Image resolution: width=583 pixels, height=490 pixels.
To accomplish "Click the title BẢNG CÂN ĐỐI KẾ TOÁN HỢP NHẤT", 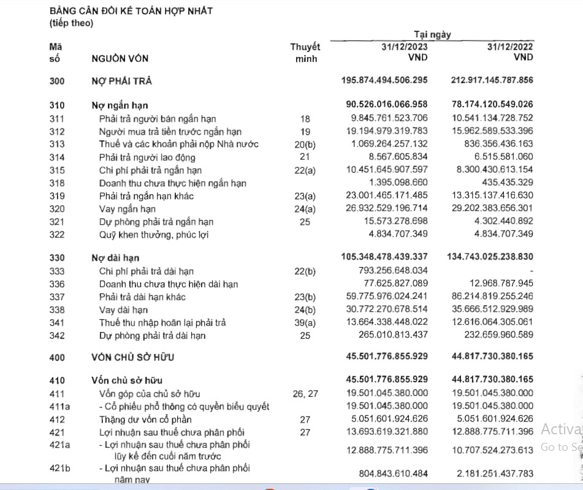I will pyautogui.click(x=131, y=11).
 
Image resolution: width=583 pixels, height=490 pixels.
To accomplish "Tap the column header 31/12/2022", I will pyautogui.click(x=510, y=47).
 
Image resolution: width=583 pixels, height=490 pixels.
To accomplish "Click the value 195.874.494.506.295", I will pyautogui.click(x=384, y=81).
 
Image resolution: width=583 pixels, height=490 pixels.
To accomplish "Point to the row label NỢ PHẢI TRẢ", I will pyautogui.click(x=121, y=81).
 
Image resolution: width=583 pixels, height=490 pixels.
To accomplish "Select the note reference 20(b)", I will pyautogui.click(x=305, y=145).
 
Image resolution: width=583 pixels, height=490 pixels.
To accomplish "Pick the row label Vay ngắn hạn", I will pyautogui.click(x=127, y=209).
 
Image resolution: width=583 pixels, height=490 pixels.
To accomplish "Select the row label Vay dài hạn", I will pyautogui.click(x=123, y=309).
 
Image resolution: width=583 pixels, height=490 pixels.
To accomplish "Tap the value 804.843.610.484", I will pyautogui.click(x=393, y=473).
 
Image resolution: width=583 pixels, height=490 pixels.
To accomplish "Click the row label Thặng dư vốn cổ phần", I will pyautogui.click(x=145, y=420).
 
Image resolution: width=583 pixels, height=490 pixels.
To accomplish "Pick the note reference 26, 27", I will pyautogui.click(x=305, y=394).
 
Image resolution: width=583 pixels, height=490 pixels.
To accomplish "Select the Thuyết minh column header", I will pyautogui.click(x=305, y=53).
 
